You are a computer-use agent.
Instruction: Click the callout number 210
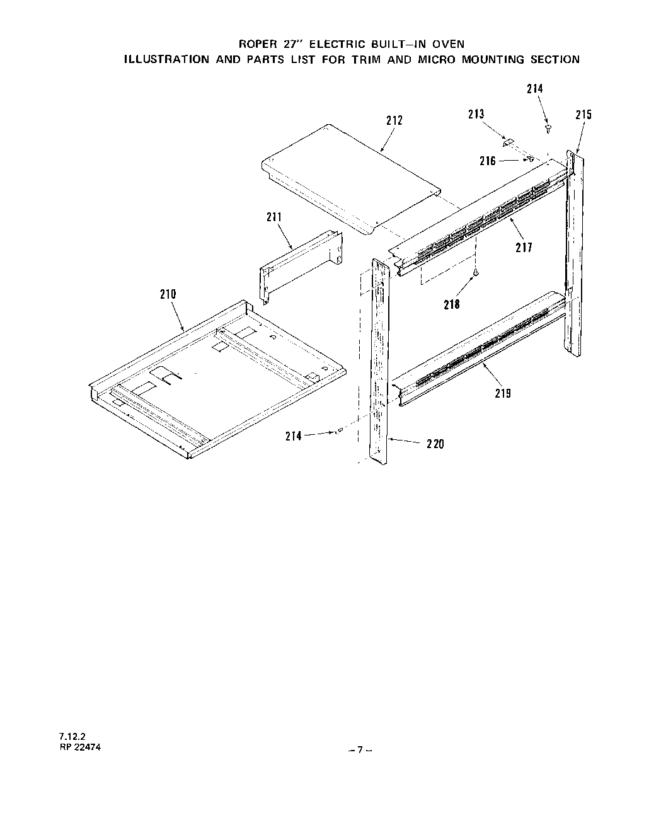[168, 294]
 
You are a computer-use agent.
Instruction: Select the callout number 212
[394, 120]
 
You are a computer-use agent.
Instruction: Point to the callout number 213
[476, 113]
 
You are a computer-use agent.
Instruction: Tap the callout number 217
[524, 248]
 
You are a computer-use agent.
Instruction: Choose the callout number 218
[452, 304]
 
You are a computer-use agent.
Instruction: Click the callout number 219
[502, 393]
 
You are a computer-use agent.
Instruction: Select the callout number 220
[434, 444]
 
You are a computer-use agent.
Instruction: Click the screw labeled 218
[476, 272]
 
